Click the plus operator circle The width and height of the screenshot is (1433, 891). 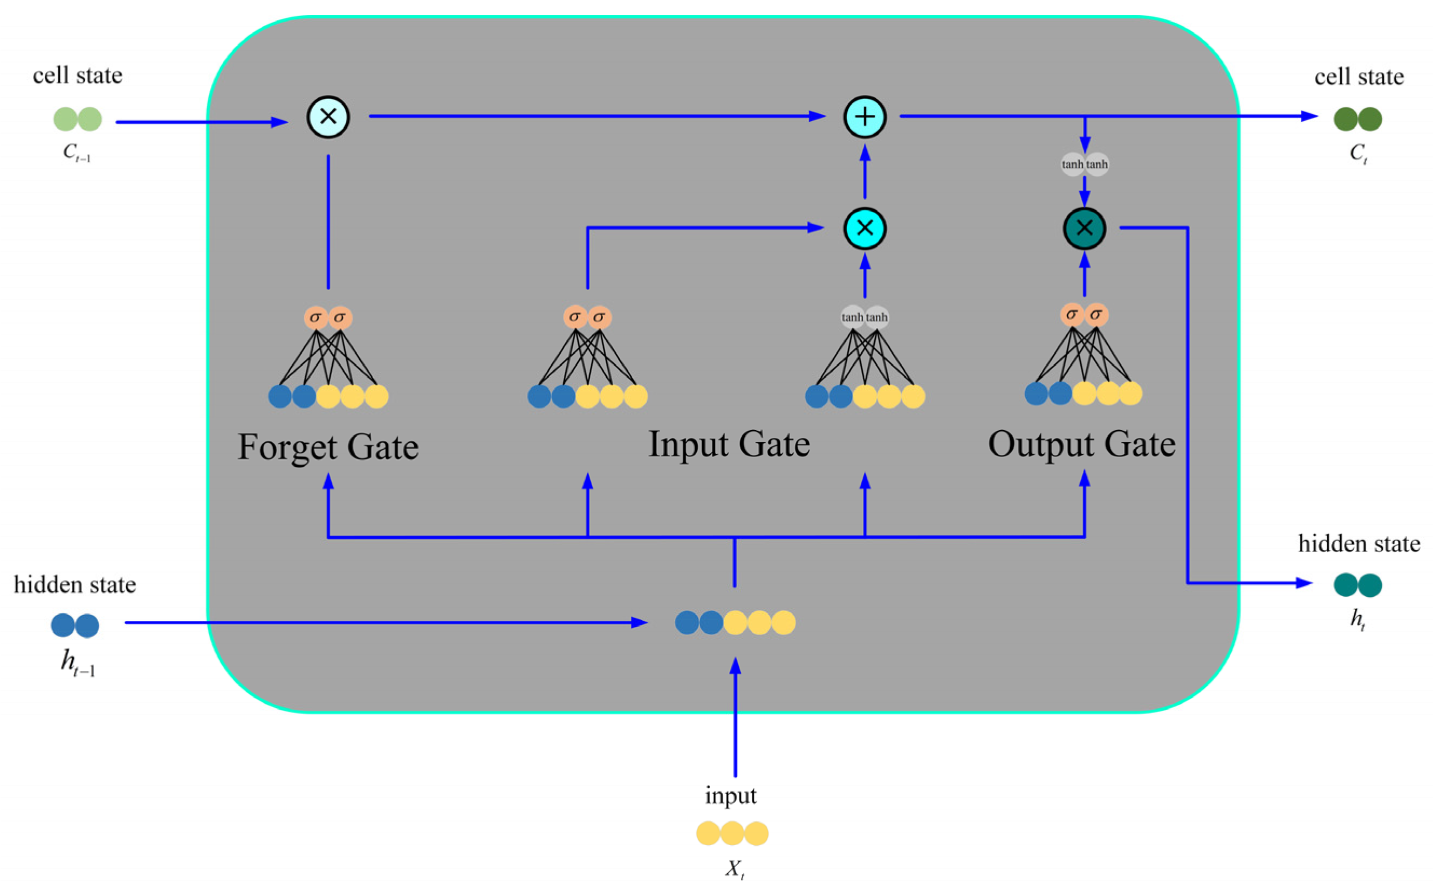click(864, 116)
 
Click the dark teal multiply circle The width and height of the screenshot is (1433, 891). click(1084, 228)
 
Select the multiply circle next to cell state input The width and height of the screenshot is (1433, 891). click(328, 116)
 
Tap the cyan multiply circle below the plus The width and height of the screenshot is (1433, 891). click(864, 228)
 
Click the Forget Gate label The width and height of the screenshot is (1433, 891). click(328, 447)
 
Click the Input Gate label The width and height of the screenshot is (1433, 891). click(729, 444)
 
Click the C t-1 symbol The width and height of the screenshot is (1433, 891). click(77, 153)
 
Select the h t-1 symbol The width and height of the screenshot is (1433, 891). click(77, 662)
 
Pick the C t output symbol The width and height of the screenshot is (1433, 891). click(1357, 153)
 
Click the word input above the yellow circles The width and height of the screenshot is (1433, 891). click(730, 795)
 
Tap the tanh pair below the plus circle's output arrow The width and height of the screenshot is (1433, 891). click(1084, 164)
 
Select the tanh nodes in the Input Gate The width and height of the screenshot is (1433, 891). click(864, 317)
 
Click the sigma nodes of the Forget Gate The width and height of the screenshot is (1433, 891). click(328, 317)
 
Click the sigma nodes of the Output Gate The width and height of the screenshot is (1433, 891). click(1084, 315)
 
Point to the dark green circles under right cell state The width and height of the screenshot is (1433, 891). click(1357, 119)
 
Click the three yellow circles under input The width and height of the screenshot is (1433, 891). click(731, 833)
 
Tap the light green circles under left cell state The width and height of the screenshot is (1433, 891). click(77, 119)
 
